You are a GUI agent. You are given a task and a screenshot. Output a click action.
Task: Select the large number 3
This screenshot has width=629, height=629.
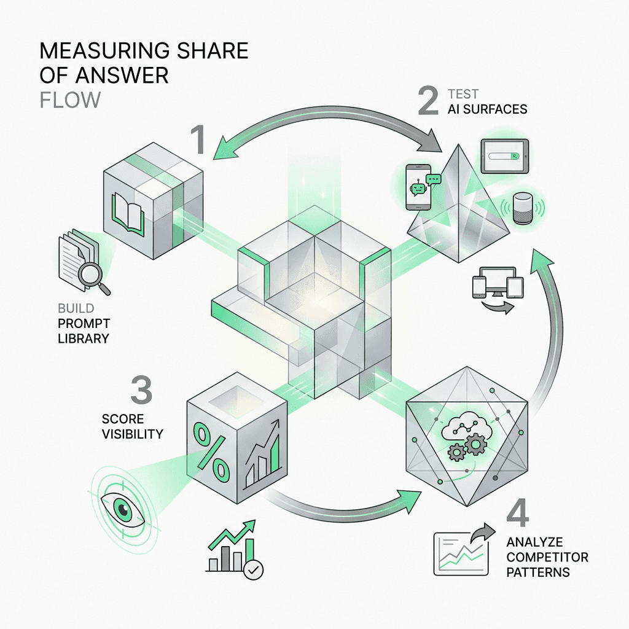141,390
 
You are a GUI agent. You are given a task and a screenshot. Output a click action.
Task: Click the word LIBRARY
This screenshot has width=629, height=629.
85,338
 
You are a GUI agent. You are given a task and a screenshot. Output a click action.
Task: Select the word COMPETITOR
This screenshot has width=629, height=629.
547,557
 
